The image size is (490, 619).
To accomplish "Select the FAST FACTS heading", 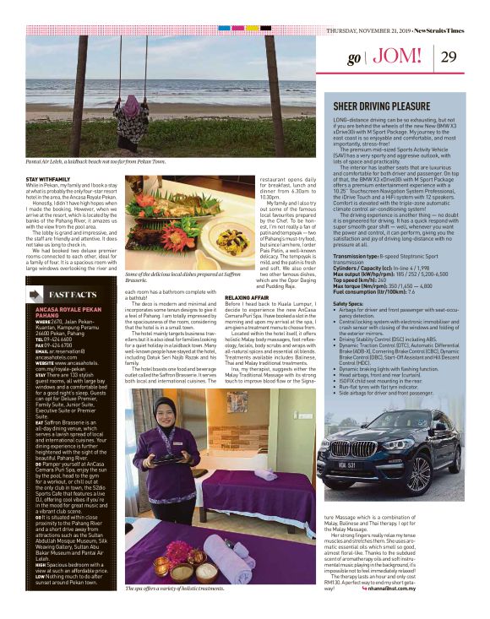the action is [80, 295].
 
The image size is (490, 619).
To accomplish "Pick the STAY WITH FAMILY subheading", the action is [47, 179].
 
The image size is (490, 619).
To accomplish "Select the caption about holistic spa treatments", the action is [173, 611].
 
